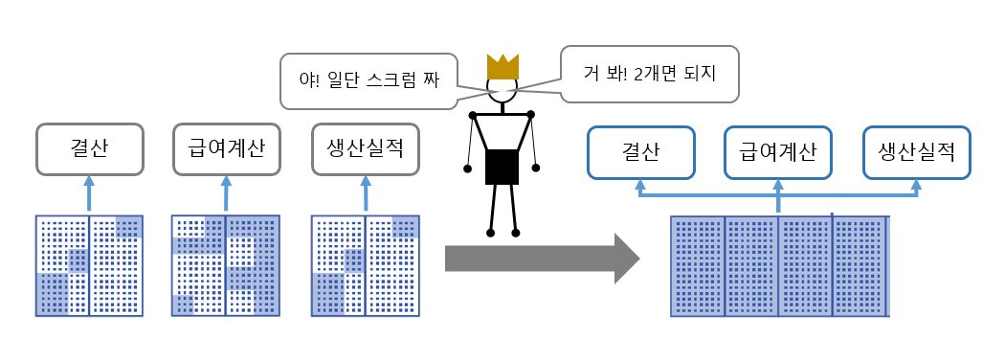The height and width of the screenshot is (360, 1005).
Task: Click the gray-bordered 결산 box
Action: [x=89, y=148]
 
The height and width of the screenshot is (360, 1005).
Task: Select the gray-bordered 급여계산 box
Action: [x=226, y=148]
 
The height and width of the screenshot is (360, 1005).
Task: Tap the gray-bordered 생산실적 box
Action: [x=366, y=148]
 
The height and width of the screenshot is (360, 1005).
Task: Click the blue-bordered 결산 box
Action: [x=640, y=152]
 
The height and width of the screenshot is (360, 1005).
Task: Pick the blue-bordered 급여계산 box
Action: [x=778, y=152]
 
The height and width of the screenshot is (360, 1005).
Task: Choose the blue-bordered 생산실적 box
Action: [x=917, y=152]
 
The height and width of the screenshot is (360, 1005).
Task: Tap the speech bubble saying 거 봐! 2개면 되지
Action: [x=650, y=73]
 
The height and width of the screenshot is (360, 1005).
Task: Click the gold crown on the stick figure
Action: [x=502, y=67]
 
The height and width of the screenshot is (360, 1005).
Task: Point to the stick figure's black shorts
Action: [x=502, y=167]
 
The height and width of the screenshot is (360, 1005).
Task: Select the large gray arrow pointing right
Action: [x=542, y=258]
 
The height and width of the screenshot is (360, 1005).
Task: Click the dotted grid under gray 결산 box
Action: [x=89, y=265]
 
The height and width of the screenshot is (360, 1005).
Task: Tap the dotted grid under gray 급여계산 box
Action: [x=226, y=265]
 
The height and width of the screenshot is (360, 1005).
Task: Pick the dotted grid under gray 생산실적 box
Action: [x=366, y=265]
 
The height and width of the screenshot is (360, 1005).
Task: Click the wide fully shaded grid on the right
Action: [x=779, y=265]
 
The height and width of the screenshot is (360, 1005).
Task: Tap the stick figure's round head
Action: [x=502, y=90]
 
